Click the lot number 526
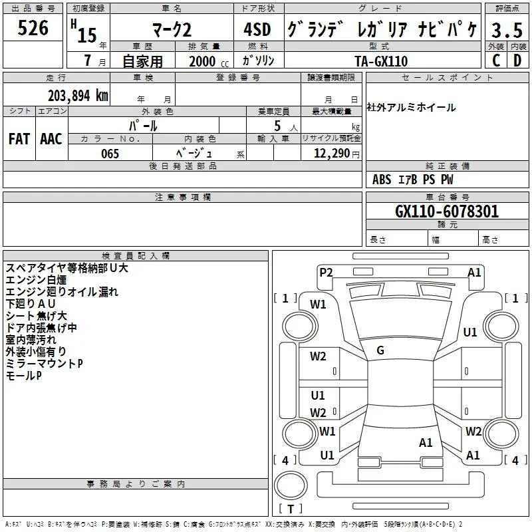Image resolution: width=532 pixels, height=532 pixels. click(33, 28)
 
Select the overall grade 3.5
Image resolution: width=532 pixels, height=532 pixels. click(507, 30)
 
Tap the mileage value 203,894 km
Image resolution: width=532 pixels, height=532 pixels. click(78, 96)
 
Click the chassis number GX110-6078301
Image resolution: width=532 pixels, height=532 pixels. click(447, 211)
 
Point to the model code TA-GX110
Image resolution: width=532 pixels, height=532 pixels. click(381, 61)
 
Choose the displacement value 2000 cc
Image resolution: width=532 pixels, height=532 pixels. click(209, 61)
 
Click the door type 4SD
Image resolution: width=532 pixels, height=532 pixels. click(257, 29)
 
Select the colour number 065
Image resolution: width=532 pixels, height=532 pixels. click(110, 154)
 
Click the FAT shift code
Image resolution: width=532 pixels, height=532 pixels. click(19, 139)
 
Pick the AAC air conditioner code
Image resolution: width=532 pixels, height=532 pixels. click(51, 139)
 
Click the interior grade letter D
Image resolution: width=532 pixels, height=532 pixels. click(517, 61)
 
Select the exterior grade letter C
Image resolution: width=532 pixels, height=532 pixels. click(495, 61)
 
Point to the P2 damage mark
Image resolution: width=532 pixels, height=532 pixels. click(326, 273)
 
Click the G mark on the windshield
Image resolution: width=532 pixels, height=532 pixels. click(380, 350)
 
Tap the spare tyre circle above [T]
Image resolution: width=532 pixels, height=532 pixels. click(291, 485)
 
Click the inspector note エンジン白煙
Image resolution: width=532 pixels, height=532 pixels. click(36, 280)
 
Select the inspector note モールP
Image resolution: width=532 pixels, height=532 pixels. click(24, 376)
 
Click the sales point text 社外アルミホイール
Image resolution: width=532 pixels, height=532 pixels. click(411, 108)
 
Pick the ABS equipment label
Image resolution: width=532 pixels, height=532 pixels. click(382, 180)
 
